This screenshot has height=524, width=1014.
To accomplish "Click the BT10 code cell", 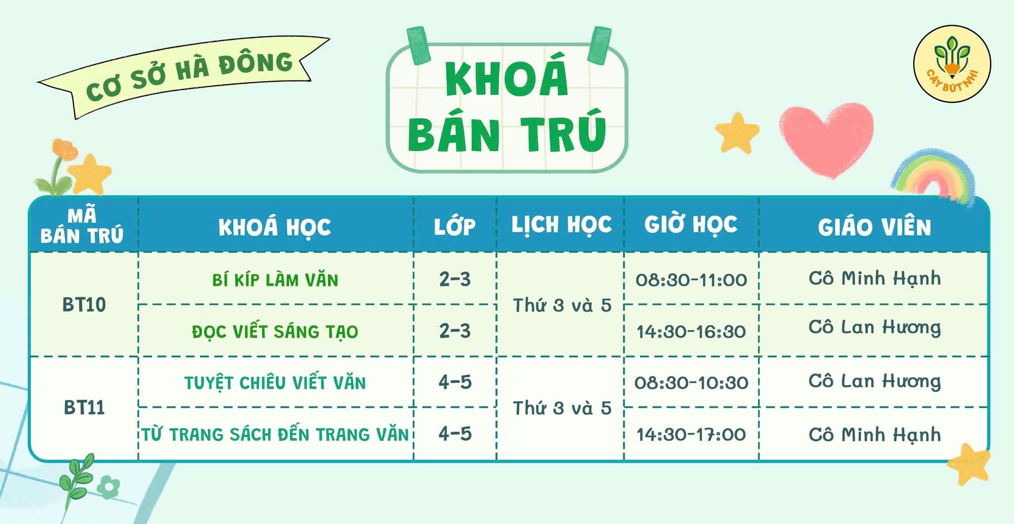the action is (x=84, y=305).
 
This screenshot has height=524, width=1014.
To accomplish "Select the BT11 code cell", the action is (x=84, y=408).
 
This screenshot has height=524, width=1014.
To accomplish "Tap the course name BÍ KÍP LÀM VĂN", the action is (x=275, y=280).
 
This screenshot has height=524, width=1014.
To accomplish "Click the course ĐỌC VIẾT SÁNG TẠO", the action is (x=275, y=331).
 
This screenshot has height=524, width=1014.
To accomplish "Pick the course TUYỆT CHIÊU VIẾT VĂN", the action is (x=275, y=382).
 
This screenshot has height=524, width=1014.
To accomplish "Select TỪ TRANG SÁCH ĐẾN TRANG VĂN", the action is (x=275, y=434).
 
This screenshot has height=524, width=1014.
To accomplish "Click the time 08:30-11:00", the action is (x=691, y=280).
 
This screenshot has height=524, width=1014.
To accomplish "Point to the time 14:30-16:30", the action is (x=691, y=331).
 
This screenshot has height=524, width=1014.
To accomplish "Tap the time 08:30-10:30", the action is (x=691, y=382).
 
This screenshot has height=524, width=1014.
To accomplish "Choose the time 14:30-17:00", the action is (x=691, y=434).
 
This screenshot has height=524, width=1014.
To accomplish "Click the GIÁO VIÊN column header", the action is (x=874, y=227).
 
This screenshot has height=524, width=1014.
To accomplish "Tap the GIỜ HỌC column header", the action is (x=691, y=224).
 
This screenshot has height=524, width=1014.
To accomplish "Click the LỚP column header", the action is (x=455, y=226).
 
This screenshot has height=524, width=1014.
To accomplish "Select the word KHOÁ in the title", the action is (x=507, y=79).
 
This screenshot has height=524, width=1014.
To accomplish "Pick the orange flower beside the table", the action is (x=65, y=149).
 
